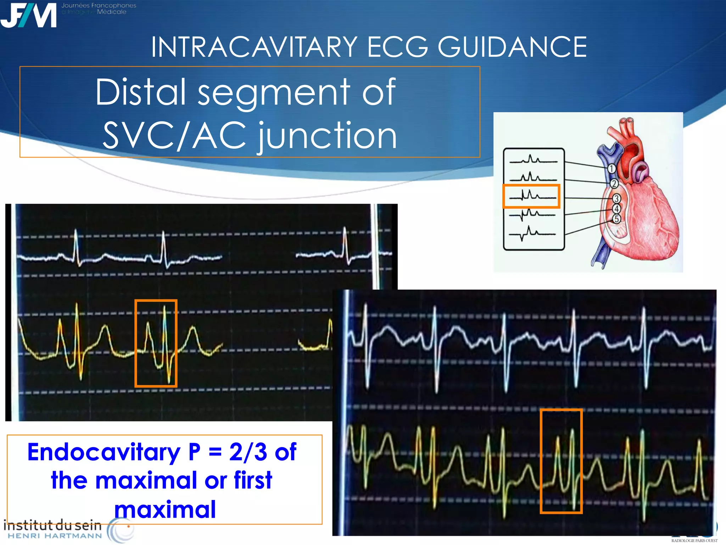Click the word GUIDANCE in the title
512,47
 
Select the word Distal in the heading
141,92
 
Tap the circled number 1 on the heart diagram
611,169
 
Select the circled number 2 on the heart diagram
614,183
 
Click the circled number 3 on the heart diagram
617,199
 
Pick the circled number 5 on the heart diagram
617,219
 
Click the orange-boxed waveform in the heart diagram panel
531,196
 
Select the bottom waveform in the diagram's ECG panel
532,233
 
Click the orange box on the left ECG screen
156,343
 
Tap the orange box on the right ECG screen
561,461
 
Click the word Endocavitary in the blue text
104,452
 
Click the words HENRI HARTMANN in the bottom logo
55,536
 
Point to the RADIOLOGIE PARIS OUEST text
694,541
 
